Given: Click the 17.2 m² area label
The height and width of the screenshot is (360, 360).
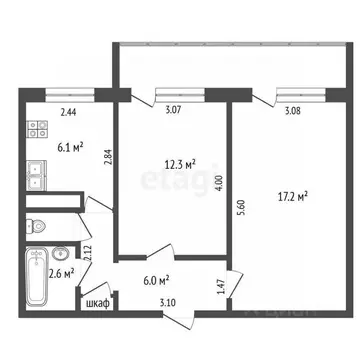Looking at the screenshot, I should tap(291, 197).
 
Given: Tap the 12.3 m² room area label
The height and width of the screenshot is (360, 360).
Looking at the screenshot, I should tap(179, 162).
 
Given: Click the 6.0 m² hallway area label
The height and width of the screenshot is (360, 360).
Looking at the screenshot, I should tap(155, 282).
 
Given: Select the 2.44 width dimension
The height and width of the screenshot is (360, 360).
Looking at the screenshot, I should tap(69, 113).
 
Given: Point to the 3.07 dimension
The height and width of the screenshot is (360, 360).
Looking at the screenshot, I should tap(174, 111).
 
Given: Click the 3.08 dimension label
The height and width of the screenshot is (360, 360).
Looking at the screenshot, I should tap(292, 111).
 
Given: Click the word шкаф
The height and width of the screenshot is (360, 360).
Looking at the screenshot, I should tap(98, 303).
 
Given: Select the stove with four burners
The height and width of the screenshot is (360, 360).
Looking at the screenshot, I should tap(37, 129).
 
